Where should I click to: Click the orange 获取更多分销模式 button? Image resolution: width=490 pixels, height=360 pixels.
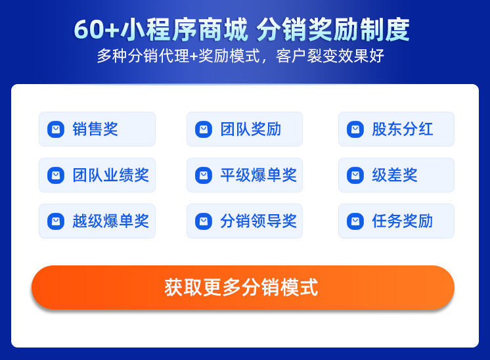pos(243,287)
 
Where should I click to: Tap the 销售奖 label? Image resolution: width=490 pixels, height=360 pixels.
pos(95,129)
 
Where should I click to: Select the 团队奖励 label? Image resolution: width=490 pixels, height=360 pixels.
pos(251,129)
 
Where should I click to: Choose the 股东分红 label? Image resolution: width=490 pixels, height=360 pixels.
pos(402,129)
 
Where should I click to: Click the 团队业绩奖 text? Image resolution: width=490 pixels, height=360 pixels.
pos(110,175)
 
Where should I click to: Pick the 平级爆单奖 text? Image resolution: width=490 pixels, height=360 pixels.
pos(258,175)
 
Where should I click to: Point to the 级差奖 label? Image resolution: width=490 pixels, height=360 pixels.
pos(394,175)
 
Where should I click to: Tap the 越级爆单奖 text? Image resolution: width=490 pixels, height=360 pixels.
pos(110,221)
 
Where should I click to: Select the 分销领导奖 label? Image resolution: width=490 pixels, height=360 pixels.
pos(258,221)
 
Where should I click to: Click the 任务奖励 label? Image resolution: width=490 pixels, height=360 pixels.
pos(402,221)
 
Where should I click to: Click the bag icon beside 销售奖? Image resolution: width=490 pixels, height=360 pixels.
pos(56,129)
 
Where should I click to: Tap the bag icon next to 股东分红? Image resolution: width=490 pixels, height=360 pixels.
pos(355,129)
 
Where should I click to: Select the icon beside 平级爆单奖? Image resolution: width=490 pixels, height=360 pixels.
pos(204,175)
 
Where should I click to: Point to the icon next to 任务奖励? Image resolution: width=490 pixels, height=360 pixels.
pos(355,221)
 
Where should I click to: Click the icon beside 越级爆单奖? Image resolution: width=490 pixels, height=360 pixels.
pos(56,221)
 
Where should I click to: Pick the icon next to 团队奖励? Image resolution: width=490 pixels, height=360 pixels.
pos(204,129)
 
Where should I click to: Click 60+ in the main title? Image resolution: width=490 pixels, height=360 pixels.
pos(97,30)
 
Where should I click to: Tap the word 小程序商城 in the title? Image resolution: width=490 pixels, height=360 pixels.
pos(185,30)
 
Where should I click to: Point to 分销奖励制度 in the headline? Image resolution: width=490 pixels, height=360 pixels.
pos(333,30)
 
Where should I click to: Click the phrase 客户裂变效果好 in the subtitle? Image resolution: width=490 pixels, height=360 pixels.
pos(330,56)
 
